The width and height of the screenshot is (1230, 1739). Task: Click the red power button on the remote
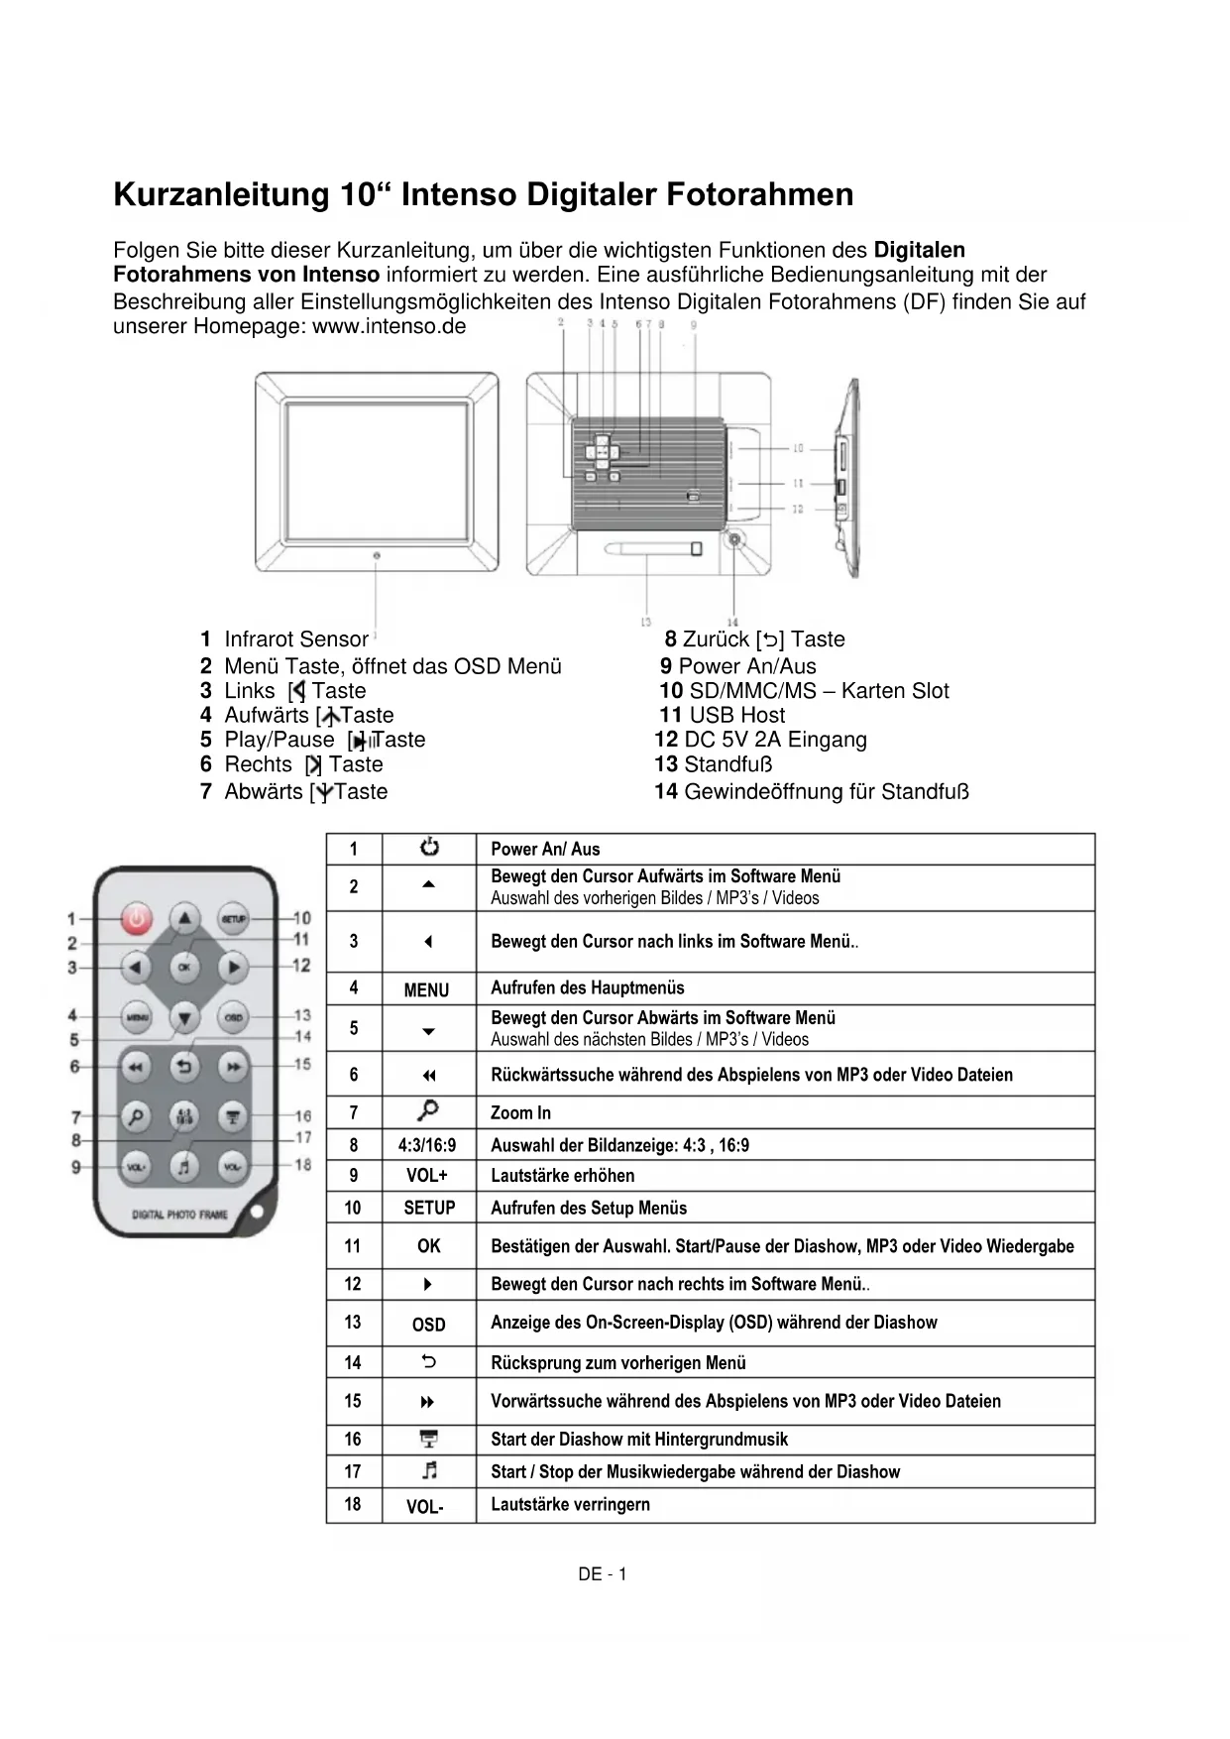[137, 919]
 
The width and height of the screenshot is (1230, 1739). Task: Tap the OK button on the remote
[184, 966]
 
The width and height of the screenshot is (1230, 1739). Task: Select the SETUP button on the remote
[232, 919]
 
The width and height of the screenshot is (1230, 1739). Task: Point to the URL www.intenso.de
[389, 326]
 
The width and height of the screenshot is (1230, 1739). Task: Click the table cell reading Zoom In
[520, 1112]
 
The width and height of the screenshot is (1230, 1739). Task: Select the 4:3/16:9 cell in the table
[427, 1145]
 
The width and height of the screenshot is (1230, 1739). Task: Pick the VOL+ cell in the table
[427, 1176]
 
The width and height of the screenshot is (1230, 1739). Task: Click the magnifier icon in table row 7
[428, 1110]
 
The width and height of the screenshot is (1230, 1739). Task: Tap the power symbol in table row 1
[429, 848]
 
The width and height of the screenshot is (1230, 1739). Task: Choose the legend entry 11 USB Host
[722, 715]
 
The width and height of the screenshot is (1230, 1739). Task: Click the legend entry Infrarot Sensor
[295, 639]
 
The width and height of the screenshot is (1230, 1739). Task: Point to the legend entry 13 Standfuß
[713, 764]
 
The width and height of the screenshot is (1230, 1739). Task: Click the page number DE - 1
[603, 1573]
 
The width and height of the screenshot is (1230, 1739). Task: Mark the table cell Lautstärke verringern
[570, 1504]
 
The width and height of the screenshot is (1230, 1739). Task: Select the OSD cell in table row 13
[428, 1325]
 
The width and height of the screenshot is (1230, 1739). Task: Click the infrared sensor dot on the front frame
[377, 555]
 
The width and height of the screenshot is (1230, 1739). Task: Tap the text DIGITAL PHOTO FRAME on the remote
[179, 1214]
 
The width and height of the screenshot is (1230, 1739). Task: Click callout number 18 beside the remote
[302, 1165]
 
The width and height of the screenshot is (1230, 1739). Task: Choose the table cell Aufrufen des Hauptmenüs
[587, 987]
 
